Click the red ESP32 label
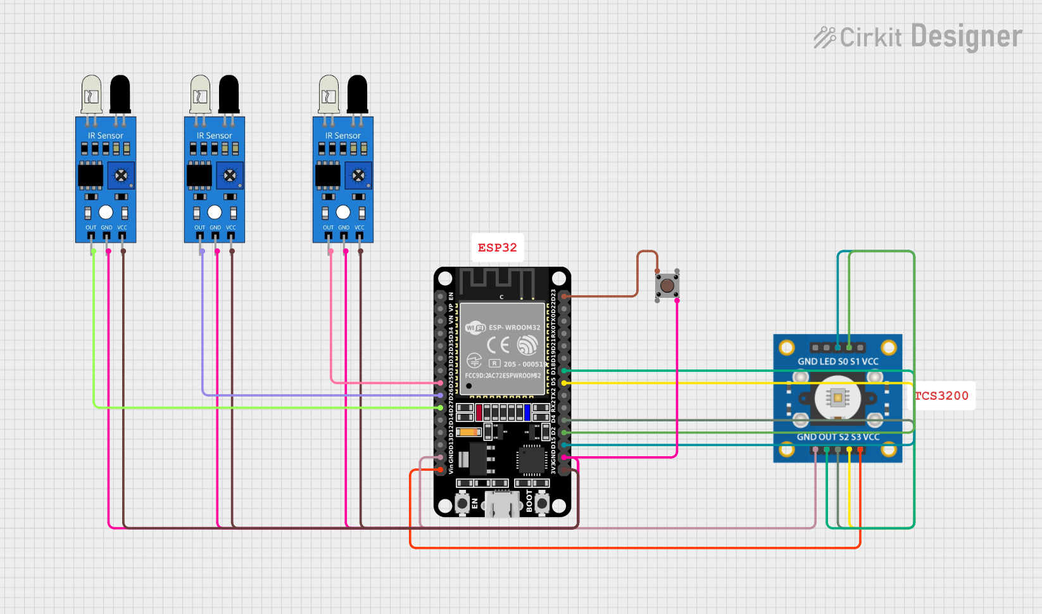497,248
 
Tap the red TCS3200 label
942,396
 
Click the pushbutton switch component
667,285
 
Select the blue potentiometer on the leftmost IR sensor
121,176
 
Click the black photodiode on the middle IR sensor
229,94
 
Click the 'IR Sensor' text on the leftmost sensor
106,136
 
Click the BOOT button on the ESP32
543,503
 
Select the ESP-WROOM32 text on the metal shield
514,328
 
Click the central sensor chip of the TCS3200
838,398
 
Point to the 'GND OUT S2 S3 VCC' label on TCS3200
838,437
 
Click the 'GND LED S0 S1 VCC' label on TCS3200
838,362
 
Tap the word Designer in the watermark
967,37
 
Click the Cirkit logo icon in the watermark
824,37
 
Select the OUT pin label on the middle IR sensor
199,227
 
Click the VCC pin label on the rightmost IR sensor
360,227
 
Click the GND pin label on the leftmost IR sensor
106,227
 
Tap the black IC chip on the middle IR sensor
199,176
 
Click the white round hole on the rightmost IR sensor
343,212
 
